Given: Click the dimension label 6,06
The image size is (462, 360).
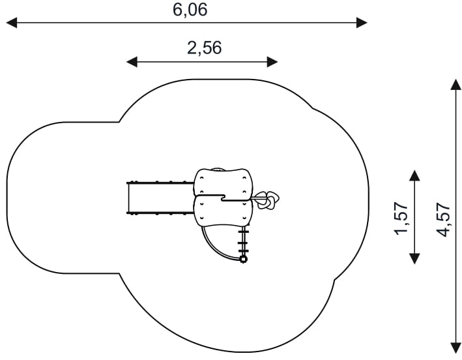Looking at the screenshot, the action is click(190, 10).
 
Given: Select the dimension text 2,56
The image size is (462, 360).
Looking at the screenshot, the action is click(204, 48).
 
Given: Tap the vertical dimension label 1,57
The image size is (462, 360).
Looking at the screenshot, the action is click(401, 218).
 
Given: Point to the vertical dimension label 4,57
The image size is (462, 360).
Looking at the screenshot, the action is click(444, 219).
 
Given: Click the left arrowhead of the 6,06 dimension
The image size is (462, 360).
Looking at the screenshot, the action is click(12, 23).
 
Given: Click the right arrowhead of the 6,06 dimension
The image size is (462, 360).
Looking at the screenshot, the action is click(362, 23).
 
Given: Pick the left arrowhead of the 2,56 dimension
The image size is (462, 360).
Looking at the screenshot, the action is click(132, 62).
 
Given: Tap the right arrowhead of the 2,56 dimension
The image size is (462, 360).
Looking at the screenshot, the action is click(272, 62).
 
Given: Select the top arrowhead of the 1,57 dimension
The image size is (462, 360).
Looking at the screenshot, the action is click(414, 175).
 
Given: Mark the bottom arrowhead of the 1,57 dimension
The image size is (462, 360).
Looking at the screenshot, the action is click(414, 258).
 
